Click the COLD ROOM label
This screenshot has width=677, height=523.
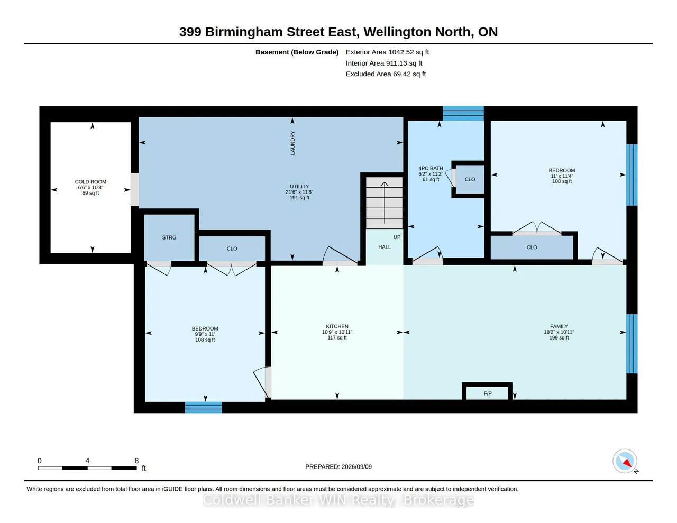click(90, 181)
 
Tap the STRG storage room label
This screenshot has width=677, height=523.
click(169, 237)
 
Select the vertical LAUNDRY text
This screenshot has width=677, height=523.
click(292, 143)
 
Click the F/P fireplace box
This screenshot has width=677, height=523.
click(487, 391)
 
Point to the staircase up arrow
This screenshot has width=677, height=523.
click(385, 203)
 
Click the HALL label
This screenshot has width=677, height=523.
click(385, 247)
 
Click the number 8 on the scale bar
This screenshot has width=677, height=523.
click(136, 461)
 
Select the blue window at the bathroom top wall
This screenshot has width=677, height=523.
click(463, 113)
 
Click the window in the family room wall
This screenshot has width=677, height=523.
click(632, 344)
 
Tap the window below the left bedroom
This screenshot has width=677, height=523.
click(203, 407)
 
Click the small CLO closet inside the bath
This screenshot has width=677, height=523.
click(470, 179)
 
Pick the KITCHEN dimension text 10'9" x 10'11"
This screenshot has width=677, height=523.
click(337, 332)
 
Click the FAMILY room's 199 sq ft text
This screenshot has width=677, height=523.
click(559, 338)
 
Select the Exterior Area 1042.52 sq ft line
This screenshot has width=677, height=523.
click(387, 52)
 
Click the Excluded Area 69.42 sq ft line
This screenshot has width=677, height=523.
click(386, 74)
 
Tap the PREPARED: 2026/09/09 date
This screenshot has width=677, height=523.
click(338, 466)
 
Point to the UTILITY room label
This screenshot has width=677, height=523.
click(299, 186)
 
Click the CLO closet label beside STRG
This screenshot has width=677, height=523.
click(232, 249)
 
